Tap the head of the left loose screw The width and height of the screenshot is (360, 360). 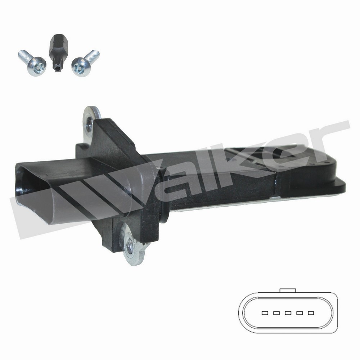point(37,66)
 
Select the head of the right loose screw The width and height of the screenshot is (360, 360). point(81,67)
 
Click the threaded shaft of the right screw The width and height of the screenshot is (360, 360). point(92,56)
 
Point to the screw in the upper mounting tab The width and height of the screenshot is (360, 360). point(89,125)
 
